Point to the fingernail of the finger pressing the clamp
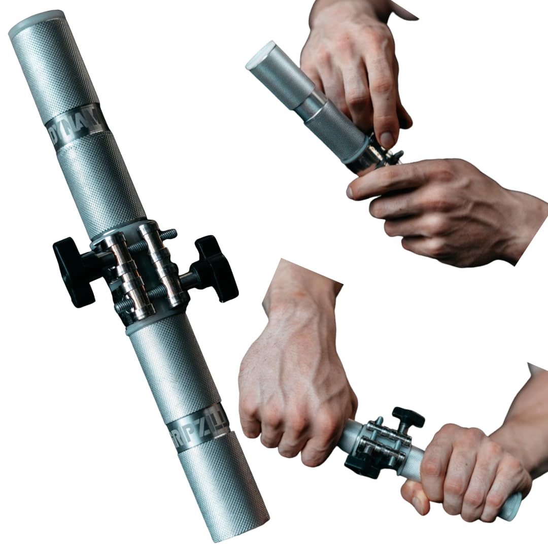coord(387,140)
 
